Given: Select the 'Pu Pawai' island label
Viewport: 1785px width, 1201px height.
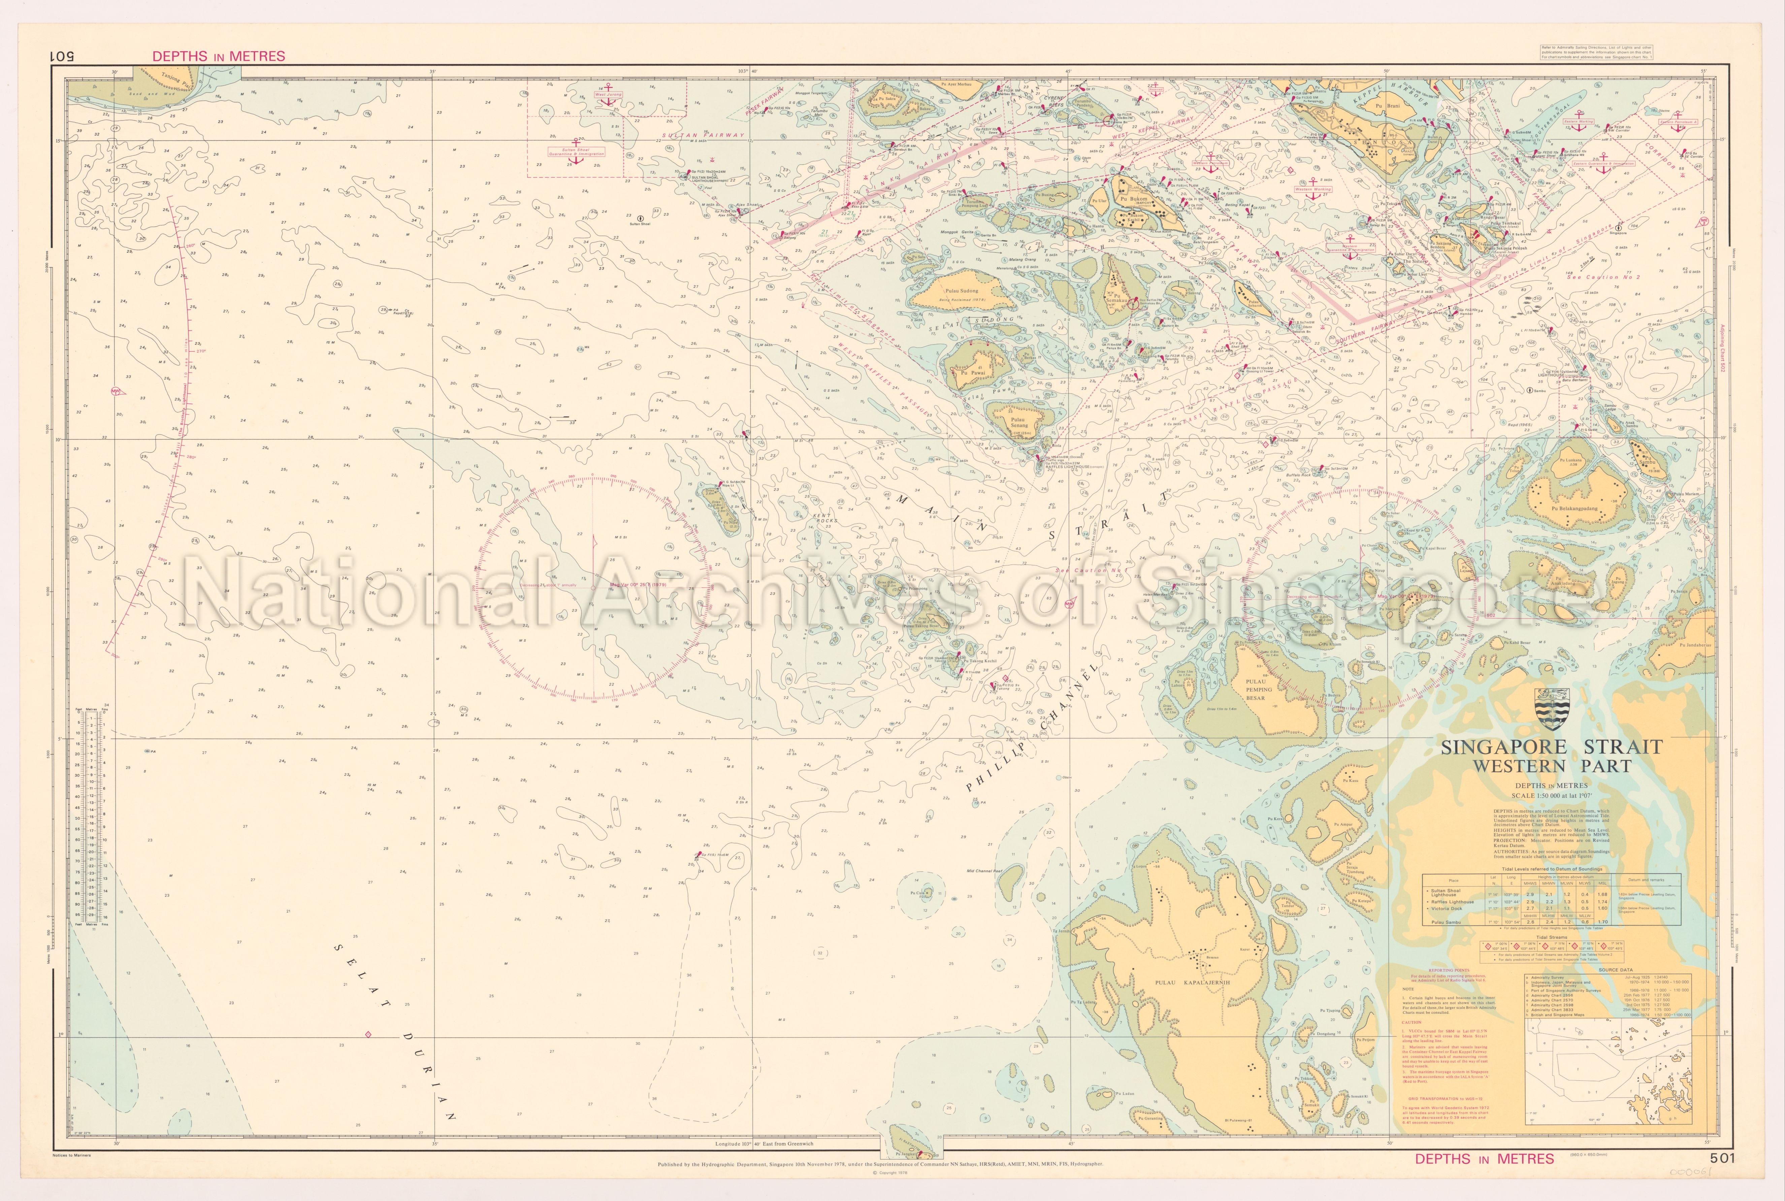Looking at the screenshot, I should (x=970, y=373).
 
